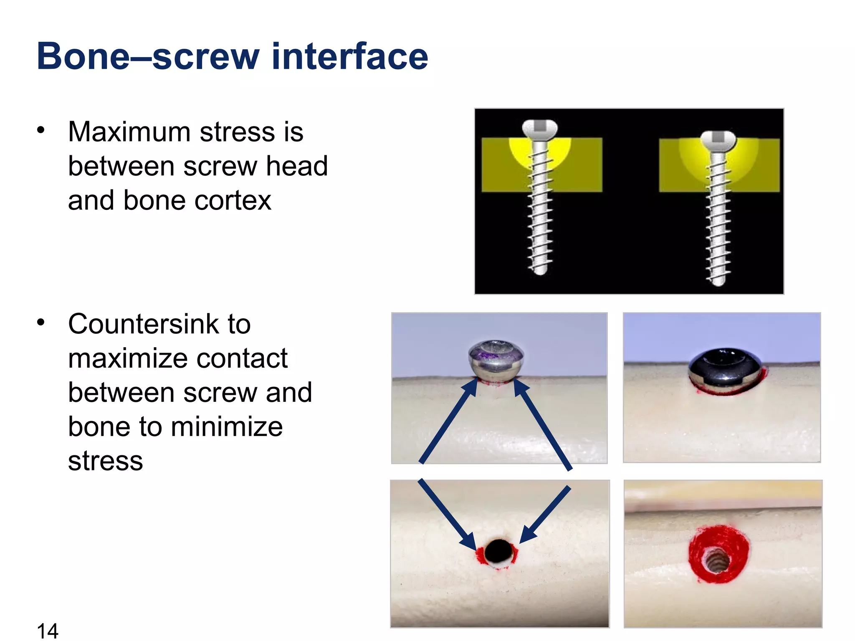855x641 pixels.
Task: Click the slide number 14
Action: coord(47,630)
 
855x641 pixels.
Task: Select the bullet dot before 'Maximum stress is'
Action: coord(40,130)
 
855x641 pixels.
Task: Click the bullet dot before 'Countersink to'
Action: coord(40,322)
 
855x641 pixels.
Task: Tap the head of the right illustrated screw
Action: coord(718,140)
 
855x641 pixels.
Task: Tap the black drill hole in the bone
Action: coord(498,550)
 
